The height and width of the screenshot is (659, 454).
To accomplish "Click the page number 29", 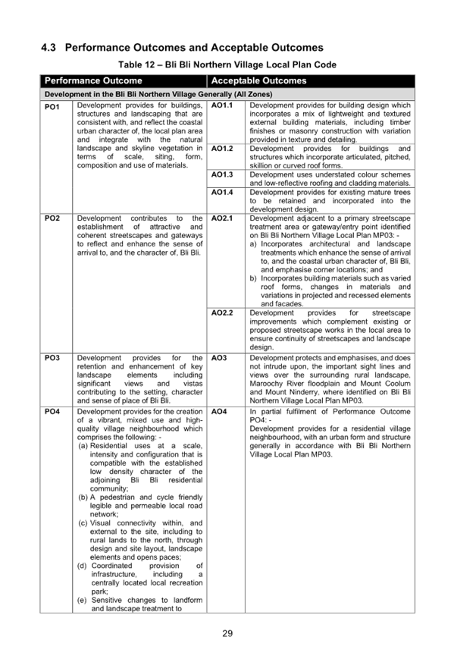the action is click(227, 633).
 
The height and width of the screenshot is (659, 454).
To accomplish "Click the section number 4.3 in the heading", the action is click(49, 48).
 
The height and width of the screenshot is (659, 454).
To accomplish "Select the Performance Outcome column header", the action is click(93, 80).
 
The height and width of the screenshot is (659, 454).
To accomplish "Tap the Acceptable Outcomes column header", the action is click(258, 80).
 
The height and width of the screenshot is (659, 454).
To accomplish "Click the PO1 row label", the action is click(52, 107).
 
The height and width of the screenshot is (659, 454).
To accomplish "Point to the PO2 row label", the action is click(52, 218).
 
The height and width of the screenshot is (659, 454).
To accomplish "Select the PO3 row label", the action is click(52, 358).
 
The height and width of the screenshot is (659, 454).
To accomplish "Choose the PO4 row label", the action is click(52, 412).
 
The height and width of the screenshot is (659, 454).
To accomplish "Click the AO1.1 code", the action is click(222, 105).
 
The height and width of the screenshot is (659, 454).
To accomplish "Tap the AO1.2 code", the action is click(222, 149).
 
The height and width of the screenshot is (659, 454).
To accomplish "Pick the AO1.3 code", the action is click(222, 174).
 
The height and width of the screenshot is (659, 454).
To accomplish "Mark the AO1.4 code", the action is click(222, 192).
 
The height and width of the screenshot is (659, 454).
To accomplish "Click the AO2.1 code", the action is click(222, 218).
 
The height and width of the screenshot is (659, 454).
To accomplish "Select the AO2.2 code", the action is click(222, 312).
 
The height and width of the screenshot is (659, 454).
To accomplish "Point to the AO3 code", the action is click(219, 358).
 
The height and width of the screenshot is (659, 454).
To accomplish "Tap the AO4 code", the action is click(219, 412).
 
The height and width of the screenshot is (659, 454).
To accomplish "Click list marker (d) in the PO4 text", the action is click(82, 566).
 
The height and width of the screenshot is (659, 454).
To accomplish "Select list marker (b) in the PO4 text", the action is click(83, 497).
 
